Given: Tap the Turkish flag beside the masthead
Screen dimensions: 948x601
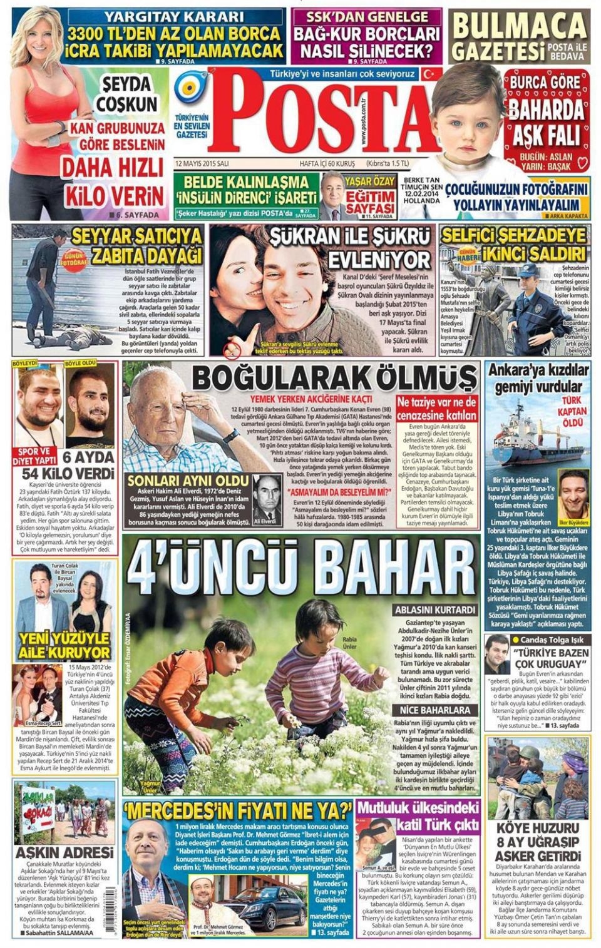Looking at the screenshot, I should coord(428,73).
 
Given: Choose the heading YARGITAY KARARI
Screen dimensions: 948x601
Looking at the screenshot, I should coord(174,17).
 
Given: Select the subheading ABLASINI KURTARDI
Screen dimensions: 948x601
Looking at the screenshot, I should coord(432,609).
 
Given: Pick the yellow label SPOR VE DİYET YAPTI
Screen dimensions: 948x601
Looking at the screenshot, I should coord(36,455).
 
